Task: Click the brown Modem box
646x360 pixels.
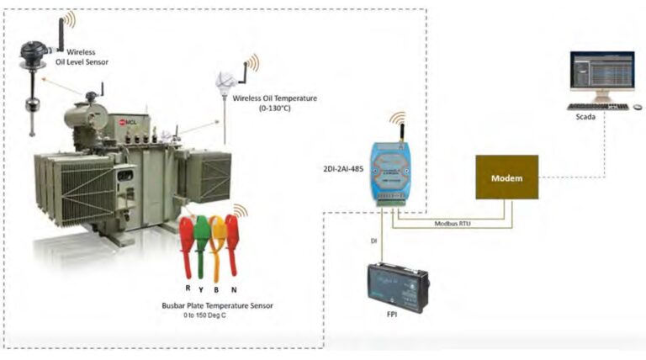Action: (x=506, y=177)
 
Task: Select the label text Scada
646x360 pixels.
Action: (x=586, y=118)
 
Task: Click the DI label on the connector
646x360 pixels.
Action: (x=373, y=241)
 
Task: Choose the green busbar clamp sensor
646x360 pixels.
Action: (x=202, y=236)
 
